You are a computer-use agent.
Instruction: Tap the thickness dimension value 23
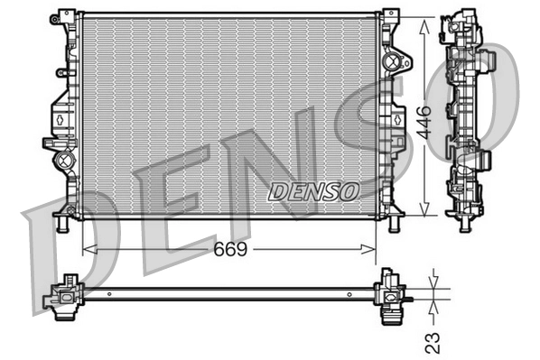point(433,342)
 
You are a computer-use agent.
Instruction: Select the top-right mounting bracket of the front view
point(390,18)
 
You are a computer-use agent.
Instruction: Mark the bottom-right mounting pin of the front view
point(394,222)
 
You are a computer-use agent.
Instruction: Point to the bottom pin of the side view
point(464,221)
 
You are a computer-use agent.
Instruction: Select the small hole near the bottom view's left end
point(109,292)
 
